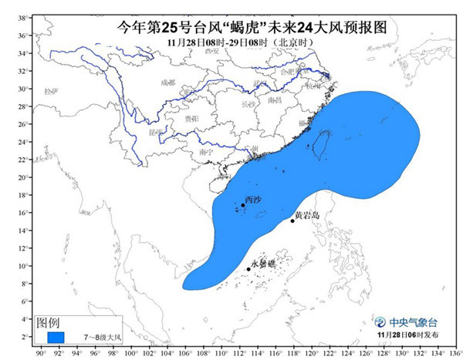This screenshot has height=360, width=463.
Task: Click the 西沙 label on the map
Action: [253, 200]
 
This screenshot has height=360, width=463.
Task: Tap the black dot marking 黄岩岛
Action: [292, 221]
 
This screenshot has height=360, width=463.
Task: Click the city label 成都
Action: [167, 82]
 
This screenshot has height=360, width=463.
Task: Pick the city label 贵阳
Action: [191, 118]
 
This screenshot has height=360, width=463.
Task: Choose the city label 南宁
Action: [206, 153]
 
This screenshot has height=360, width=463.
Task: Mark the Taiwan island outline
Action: [316, 149]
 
